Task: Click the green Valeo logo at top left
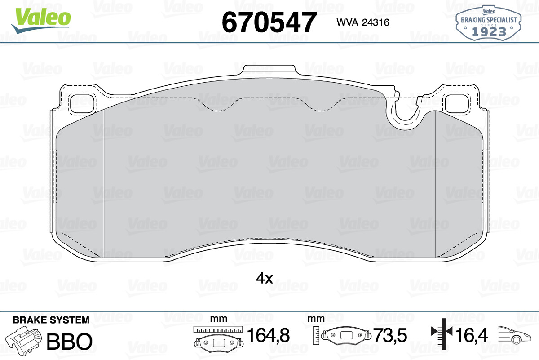(x=41, y=20)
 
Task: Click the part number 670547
(x=269, y=22)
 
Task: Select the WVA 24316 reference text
(x=363, y=22)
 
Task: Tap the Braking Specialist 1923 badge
(x=489, y=23)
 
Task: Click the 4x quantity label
(x=264, y=279)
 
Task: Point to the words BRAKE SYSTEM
(x=51, y=320)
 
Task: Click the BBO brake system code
(x=69, y=341)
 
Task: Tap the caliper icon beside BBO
(x=23, y=339)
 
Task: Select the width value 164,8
(x=268, y=335)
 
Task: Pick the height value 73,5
(x=390, y=335)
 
